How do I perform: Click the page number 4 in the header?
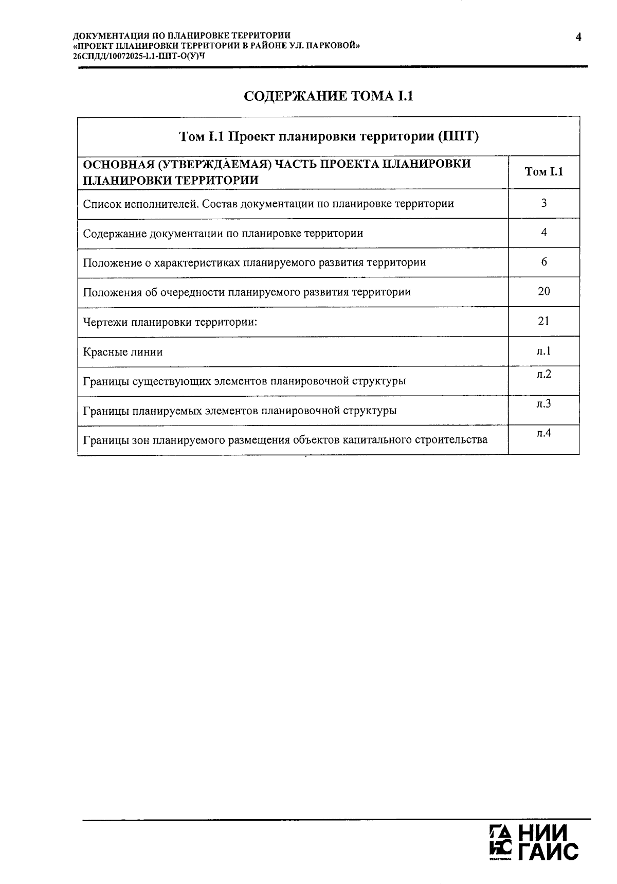point(578,37)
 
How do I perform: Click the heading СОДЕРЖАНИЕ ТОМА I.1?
point(328,96)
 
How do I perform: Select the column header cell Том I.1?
point(543,172)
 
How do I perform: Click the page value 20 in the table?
point(543,291)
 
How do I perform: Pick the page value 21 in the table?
point(543,321)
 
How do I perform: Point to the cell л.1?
point(543,351)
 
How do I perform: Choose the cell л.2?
point(543,374)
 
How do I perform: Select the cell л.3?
point(543,403)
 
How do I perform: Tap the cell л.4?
point(543,433)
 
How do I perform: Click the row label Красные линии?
point(123,352)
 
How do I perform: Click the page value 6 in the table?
point(543,262)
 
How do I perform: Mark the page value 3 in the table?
point(543,203)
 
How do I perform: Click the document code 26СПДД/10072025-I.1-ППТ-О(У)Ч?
point(139,56)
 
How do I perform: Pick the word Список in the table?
point(102,204)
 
